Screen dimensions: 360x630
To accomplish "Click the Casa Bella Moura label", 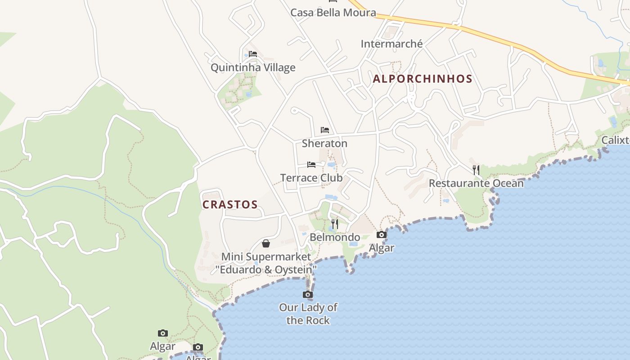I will (333, 13).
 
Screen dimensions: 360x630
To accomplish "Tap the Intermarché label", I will (391, 44).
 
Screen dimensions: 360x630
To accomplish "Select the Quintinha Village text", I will (253, 67).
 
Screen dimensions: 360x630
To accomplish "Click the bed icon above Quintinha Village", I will (253, 54).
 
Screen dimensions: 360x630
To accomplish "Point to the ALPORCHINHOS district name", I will (423, 79).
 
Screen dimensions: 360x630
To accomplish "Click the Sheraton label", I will (324, 144).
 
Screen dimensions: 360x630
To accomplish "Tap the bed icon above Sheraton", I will (325, 130).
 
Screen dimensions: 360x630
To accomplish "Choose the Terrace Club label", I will (311, 178).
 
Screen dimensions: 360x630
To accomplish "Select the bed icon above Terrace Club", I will (311, 164).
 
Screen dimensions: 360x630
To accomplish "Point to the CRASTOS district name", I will (230, 205).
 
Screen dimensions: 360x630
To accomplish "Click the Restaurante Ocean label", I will (476, 183).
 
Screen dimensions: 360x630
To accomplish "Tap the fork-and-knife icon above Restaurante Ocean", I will (476, 170).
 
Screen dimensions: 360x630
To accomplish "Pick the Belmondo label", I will (335, 237).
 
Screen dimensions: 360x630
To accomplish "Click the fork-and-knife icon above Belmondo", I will (335, 224).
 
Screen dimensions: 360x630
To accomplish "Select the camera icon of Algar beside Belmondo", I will (381, 234).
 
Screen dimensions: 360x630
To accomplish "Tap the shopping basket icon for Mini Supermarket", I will (266, 243).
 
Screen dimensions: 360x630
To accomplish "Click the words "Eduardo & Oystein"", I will (266, 270).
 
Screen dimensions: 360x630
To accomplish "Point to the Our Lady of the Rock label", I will (308, 314).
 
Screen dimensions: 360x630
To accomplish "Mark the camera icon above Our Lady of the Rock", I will (308, 295).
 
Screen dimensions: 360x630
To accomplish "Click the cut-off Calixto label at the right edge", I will (616, 140).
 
